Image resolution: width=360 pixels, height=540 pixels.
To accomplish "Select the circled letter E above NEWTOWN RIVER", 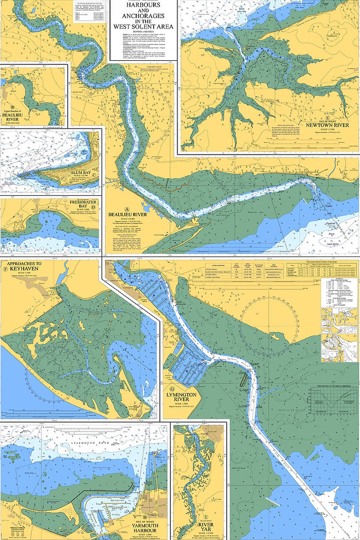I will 327,116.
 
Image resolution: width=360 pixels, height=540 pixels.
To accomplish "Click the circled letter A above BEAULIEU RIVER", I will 126,209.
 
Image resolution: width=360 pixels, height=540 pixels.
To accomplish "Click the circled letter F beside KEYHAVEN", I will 5,270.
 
